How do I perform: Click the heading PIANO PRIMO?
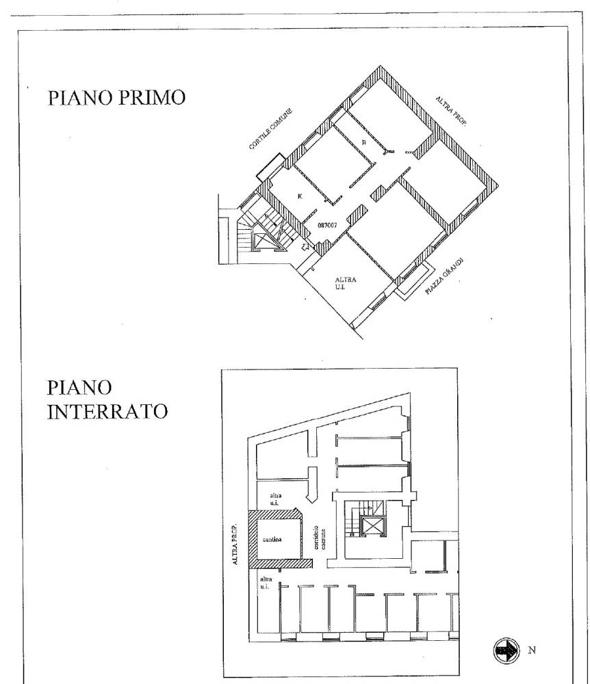[x=116, y=97]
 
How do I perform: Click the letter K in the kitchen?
[x=300, y=196]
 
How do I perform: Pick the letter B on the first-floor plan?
[x=364, y=142]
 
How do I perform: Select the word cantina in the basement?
[x=272, y=538]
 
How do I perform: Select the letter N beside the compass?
[x=533, y=650]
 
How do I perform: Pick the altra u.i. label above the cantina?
[x=276, y=497]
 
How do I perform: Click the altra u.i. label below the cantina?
[x=266, y=583]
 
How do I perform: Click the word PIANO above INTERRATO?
[x=80, y=388]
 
